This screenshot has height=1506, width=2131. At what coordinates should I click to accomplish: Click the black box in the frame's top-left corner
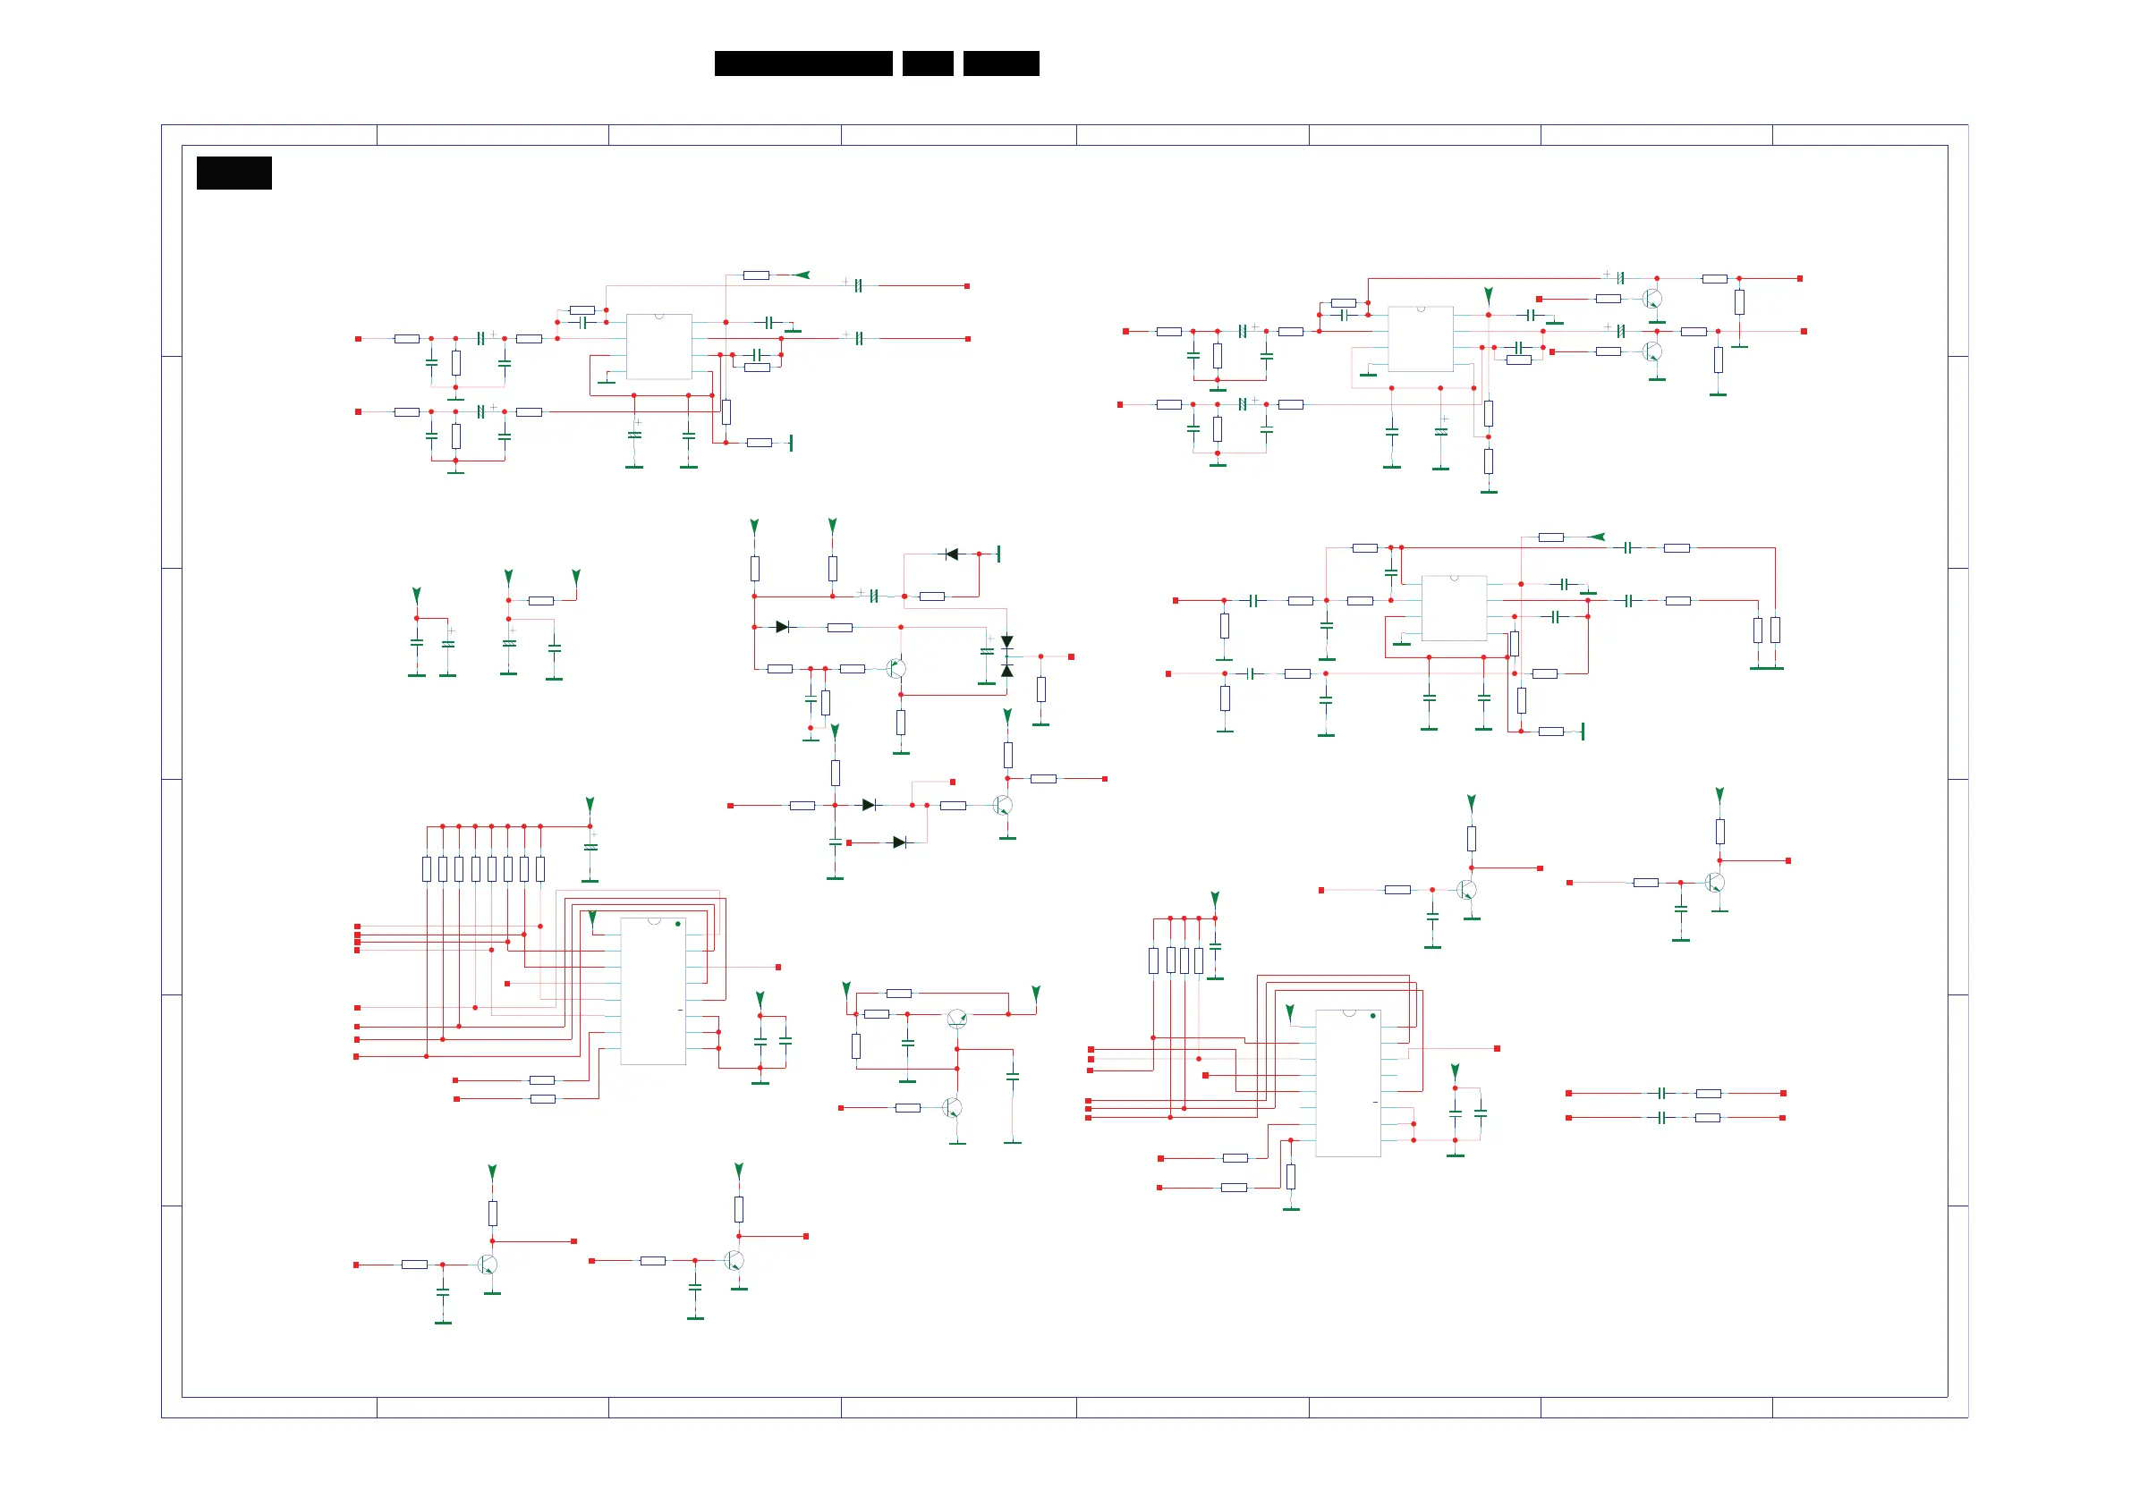(233, 173)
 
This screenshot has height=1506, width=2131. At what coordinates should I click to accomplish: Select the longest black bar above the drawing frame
(802, 63)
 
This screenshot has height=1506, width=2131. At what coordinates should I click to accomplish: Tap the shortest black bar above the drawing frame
(927, 63)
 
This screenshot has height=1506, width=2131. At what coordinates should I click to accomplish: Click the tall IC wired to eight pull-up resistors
(652, 991)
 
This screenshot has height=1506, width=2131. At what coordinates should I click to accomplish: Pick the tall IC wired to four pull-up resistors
(1347, 1083)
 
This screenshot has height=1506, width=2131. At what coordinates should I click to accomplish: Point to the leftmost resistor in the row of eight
(427, 868)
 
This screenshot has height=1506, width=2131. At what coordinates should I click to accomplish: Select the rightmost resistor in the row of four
(1198, 960)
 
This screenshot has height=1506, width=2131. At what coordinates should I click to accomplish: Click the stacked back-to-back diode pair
(1007, 656)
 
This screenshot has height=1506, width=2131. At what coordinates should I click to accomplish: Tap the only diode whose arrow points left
(951, 554)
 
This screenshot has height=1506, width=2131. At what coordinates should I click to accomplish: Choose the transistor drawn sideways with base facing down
(957, 1019)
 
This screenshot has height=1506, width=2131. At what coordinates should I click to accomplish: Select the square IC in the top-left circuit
(659, 346)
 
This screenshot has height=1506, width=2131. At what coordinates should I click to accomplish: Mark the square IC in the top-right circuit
(1420, 339)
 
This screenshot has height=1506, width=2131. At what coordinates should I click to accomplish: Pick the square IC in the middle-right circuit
(1454, 608)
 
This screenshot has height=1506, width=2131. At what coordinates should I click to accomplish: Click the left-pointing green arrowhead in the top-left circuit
(802, 275)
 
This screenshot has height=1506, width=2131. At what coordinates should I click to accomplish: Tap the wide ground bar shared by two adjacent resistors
(1766, 667)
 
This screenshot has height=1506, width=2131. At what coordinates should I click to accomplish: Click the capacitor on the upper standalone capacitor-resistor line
(1661, 1093)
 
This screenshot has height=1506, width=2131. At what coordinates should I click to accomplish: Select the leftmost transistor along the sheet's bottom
(488, 1264)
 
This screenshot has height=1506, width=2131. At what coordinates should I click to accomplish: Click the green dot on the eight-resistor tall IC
(677, 924)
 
